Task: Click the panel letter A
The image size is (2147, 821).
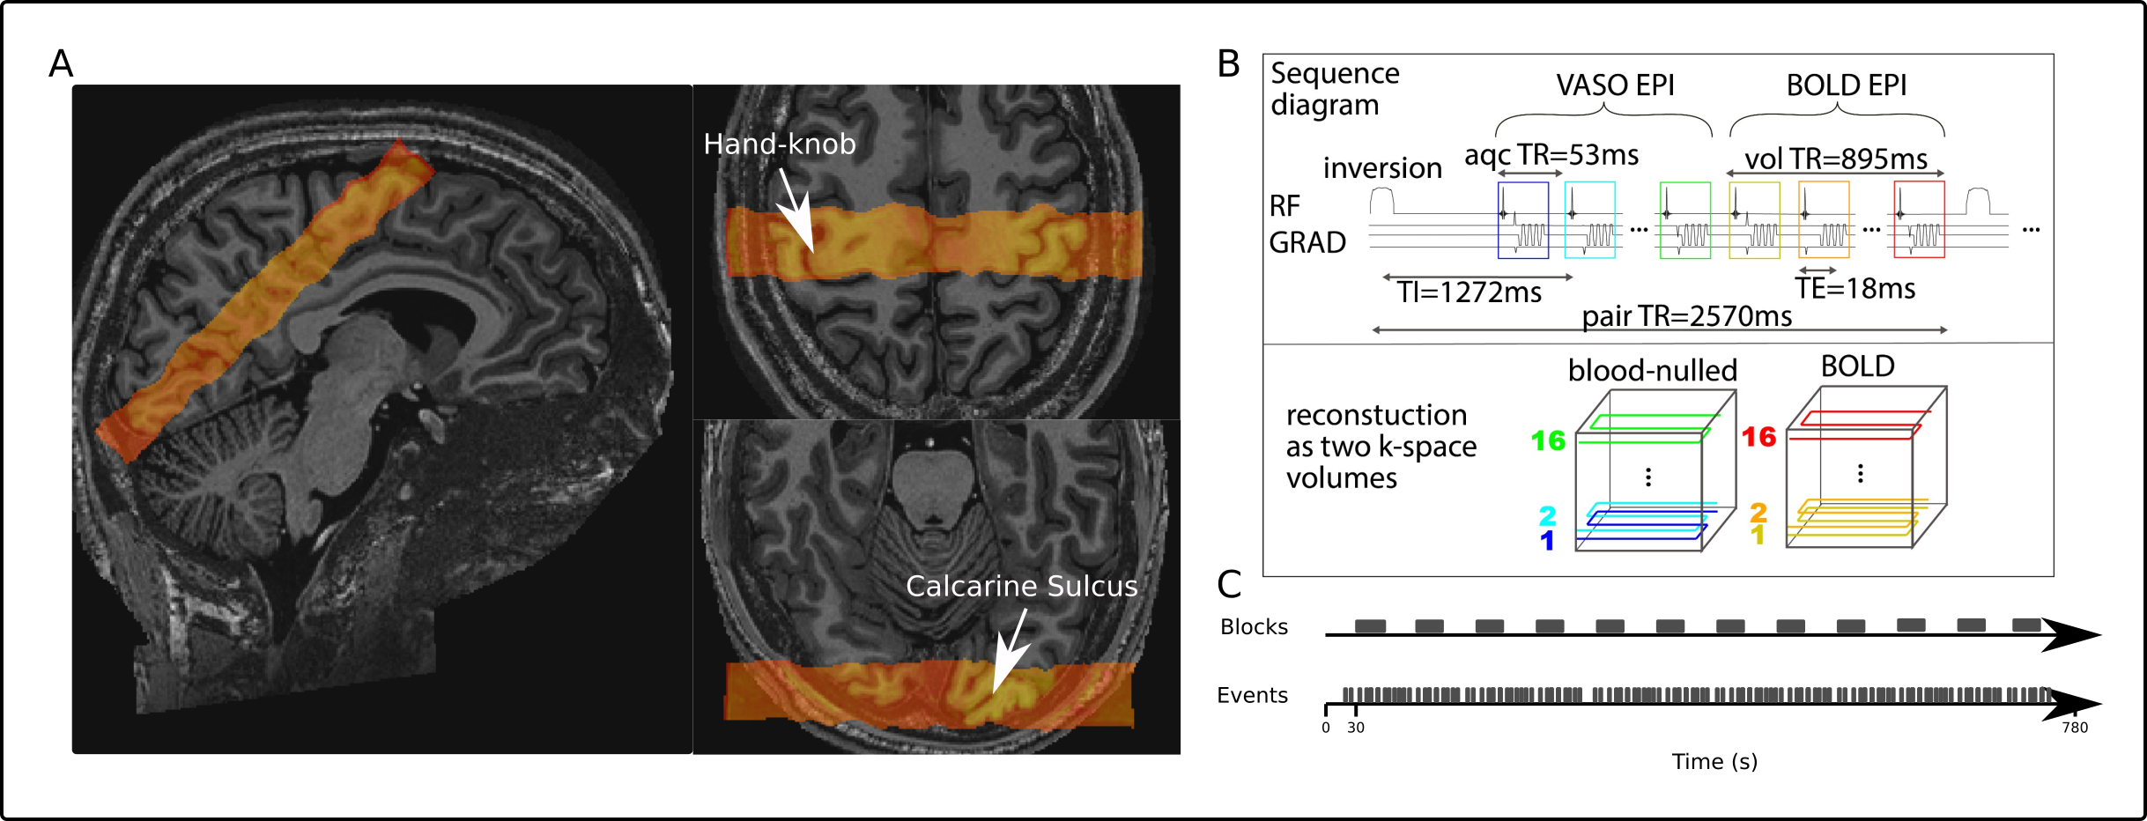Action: click(x=61, y=63)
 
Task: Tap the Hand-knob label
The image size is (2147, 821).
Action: click(x=779, y=144)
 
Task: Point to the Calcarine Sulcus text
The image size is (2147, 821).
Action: click(x=1021, y=586)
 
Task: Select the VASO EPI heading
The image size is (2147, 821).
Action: click(x=1614, y=85)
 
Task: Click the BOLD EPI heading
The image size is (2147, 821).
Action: click(x=1846, y=85)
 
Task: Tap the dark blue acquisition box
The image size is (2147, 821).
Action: click(x=1522, y=220)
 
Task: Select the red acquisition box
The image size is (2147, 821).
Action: click(x=1919, y=220)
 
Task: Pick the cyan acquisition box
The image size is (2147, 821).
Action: click(x=1589, y=220)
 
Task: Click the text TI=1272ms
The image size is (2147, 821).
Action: click(x=1469, y=292)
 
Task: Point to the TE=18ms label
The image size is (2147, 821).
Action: click(x=1855, y=289)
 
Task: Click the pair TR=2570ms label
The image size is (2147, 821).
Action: click(x=1686, y=316)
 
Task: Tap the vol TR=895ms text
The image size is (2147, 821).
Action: click(x=1836, y=159)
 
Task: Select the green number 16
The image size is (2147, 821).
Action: click(x=1548, y=440)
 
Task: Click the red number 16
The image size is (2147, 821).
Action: click(x=1758, y=437)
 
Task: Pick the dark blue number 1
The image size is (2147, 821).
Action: click(x=1547, y=541)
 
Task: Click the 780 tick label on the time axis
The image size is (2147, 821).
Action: click(x=2075, y=728)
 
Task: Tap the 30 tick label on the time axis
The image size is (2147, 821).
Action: click(x=1355, y=728)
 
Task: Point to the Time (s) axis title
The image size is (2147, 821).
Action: click(x=1714, y=762)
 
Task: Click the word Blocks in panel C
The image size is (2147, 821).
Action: click(x=1254, y=626)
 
